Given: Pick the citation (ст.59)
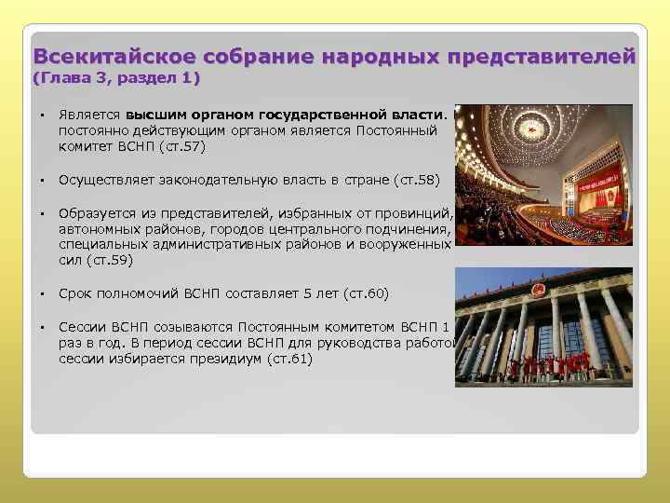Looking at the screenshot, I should tap(113, 260).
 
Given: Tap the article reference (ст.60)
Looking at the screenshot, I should tap(366, 293).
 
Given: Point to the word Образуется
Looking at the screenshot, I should tap(91, 212).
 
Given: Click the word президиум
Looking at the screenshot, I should tap(227, 358).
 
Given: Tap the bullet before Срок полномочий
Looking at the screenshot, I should tap(43, 293).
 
